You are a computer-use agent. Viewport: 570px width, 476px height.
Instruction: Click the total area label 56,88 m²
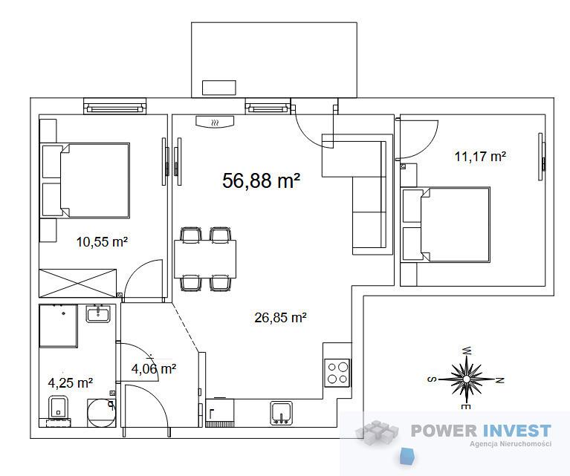tap(261, 180)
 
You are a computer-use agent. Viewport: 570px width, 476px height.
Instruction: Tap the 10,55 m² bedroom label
tap(102, 241)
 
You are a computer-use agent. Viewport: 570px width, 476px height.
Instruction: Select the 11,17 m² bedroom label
tap(480, 156)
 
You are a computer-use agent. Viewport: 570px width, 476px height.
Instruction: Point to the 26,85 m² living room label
tap(280, 318)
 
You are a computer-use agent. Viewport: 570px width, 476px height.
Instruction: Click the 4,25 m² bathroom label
tap(70, 382)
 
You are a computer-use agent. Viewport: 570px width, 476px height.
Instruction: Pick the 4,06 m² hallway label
tap(154, 369)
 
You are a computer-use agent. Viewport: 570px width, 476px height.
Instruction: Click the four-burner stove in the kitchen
tap(337, 373)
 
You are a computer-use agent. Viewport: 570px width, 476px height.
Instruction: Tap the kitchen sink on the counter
tap(281, 413)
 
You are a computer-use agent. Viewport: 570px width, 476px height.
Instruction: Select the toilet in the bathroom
tap(58, 408)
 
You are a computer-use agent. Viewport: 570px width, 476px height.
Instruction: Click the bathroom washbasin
tap(98, 314)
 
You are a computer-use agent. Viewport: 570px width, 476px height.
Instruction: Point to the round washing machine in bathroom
tap(101, 413)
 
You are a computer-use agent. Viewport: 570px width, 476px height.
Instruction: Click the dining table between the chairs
tap(205, 259)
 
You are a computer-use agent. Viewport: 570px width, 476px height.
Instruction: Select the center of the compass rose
tap(467, 379)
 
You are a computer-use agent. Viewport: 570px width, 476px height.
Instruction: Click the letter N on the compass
tap(500, 380)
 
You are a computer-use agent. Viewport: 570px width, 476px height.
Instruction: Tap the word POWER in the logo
tap(444, 431)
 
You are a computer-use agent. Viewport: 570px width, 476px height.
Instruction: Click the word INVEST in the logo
tap(516, 431)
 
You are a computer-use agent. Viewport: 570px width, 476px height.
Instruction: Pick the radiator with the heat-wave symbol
tap(215, 122)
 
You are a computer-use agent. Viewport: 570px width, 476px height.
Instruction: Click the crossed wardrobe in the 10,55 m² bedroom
tap(78, 284)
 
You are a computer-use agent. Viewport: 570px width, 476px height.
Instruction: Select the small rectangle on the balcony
tap(218, 88)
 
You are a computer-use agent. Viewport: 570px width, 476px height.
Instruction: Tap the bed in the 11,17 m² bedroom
tap(446, 224)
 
